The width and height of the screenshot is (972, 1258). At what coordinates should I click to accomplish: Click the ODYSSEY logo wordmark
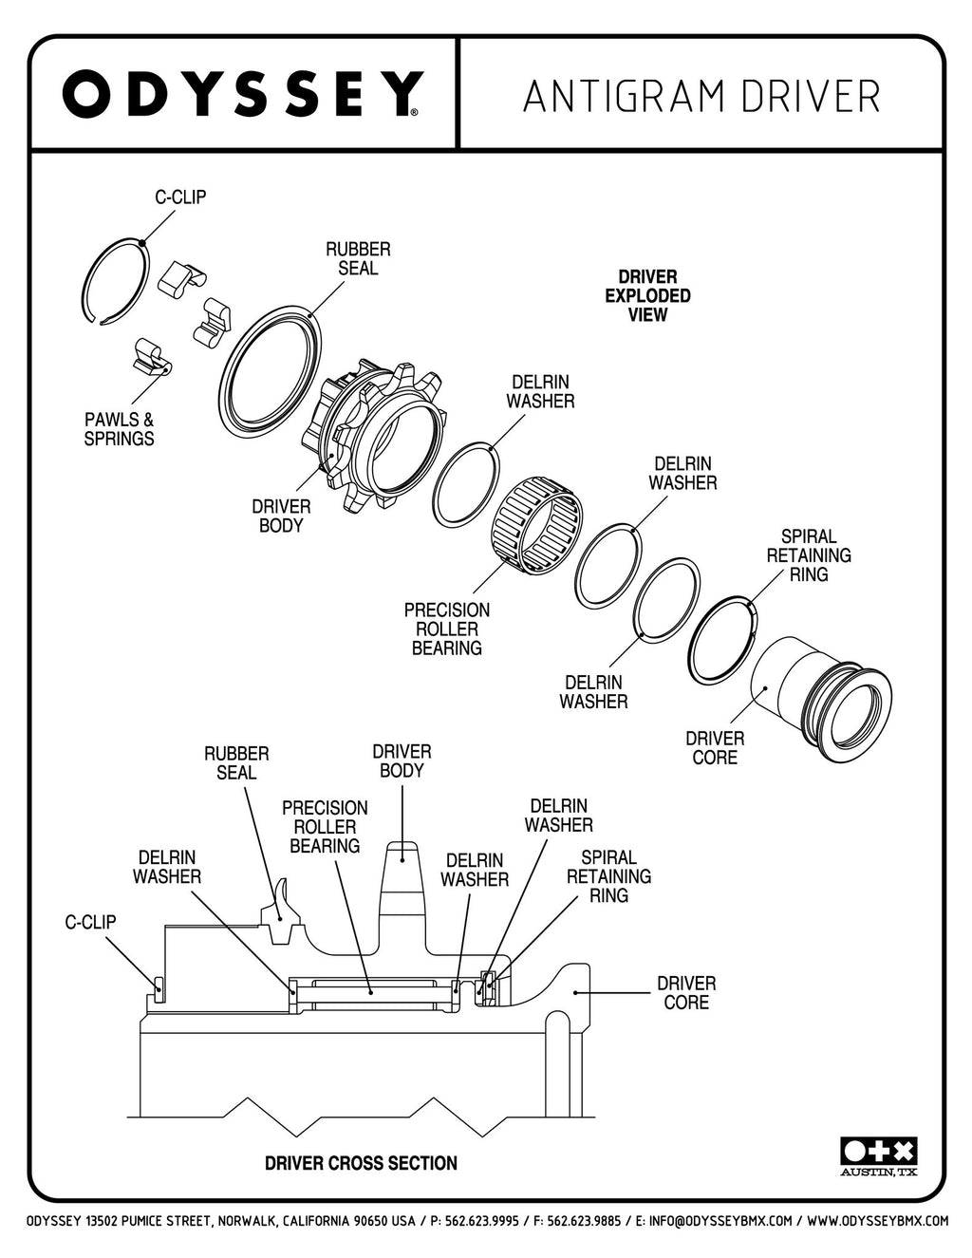click(243, 93)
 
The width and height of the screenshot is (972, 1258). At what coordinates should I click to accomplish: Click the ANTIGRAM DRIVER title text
click(701, 96)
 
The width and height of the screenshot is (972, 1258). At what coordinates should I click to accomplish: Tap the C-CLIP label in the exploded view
click(180, 197)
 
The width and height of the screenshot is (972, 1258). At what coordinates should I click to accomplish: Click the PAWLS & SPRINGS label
click(119, 429)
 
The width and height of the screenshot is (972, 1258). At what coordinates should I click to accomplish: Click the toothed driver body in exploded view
click(374, 437)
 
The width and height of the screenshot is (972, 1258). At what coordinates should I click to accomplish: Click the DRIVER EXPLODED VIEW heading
click(647, 295)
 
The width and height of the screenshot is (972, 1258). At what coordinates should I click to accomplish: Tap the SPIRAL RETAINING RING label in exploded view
click(809, 555)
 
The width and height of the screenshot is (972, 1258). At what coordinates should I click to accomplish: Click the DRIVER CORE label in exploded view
click(715, 747)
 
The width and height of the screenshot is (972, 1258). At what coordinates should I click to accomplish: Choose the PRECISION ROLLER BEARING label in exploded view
click(447, 629)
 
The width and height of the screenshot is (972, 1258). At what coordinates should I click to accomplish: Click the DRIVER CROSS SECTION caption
click(361, 1163)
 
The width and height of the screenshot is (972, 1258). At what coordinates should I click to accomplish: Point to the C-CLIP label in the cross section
click(90, 922)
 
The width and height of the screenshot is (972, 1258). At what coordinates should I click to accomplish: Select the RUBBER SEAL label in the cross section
click(236, 763)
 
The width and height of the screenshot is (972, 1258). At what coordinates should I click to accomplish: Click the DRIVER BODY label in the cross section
click(402, 761)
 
